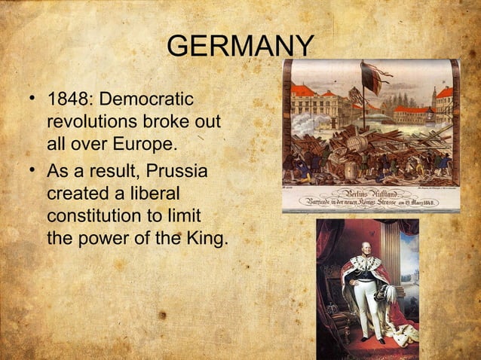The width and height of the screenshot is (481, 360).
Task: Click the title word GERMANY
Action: pos(240,47)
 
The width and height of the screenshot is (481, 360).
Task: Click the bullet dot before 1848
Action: pos(32,99)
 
